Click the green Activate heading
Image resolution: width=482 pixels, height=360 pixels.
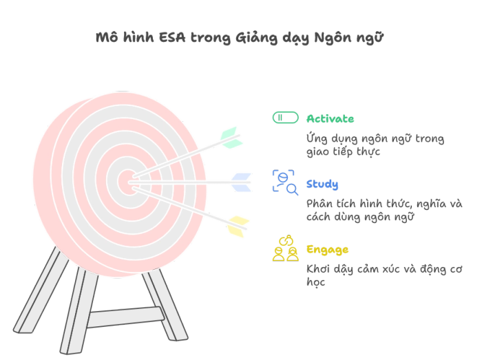pos(330,118)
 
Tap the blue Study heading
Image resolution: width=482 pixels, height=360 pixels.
pos(322,184)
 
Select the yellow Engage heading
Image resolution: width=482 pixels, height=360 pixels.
pos(327,250)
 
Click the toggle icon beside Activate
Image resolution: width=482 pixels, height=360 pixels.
pos(286,118)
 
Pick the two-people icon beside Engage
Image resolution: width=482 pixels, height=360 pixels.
pos(286,248)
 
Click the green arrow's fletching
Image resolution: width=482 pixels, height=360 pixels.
pos(231,138)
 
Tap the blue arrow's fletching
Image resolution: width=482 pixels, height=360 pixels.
pos(241,182)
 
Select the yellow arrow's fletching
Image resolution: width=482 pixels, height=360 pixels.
pos(238,226)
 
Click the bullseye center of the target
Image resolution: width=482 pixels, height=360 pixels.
pos(127,182)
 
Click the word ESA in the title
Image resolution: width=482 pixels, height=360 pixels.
pos(172,38)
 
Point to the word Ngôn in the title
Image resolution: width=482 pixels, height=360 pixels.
pos(333,38)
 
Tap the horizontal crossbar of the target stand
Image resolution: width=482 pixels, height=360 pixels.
pos(125,317)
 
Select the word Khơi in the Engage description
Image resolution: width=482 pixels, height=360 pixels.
pos(318,269)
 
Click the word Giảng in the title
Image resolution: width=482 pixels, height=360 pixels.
pos(256,38)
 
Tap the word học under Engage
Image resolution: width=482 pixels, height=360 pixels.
pos(315,282)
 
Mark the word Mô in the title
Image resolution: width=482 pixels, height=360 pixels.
pos(107,37)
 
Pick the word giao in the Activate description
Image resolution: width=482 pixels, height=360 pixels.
pos(317,152)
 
